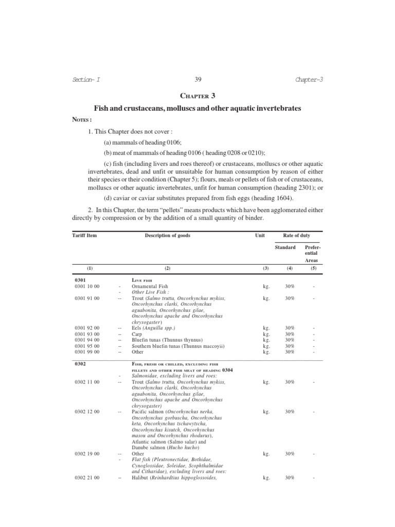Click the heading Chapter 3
[x=197, y=96]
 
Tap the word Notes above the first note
[x=81, y=119]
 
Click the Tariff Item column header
[x=84, y=235]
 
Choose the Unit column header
[x=260, y=235]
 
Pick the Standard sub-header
[x=285, y=248]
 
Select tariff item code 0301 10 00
[x=87, y=286]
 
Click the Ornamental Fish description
[x=150, y=286]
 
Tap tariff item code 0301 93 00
[x=87, y=333]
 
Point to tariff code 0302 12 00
[x=87, y=412]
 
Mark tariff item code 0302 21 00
[x=87, y=478]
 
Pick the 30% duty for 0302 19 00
[x=290, y=454]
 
